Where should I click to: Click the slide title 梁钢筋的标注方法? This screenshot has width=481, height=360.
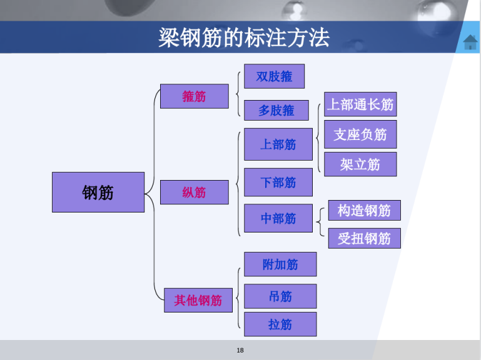tap(244, 37)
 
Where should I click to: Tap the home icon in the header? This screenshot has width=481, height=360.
tap(470, 42)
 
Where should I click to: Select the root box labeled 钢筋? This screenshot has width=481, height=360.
tap(98, 192)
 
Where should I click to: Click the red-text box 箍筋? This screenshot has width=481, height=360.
tap(195, 96)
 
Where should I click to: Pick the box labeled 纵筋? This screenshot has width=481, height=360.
tap(195, 192)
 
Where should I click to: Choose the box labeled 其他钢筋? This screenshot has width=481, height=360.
tap(198, 300)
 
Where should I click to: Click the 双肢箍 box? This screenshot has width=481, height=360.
tap(274, 76)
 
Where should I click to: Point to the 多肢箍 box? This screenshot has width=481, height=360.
tap(276, 110)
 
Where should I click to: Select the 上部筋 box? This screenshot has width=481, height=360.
tap(278, 144)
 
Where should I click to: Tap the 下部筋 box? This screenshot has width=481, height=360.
tap(278, 182)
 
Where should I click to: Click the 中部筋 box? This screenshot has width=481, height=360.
tap(278, 218)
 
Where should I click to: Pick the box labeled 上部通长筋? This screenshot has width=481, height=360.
tap(360, 104)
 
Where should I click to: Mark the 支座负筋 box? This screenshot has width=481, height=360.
tap(360, 134)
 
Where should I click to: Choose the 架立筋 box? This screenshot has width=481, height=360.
tap(360, 164)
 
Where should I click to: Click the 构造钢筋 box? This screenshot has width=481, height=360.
tap(365, 211)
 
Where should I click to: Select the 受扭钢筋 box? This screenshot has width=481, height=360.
tap(365, 238)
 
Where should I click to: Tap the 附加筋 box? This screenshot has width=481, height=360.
tap(280, 264)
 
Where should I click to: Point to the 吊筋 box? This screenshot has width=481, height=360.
tap(280, 296)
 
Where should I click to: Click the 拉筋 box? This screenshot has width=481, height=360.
tap(280, 324)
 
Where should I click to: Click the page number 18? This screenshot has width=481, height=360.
tap(240, 350)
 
